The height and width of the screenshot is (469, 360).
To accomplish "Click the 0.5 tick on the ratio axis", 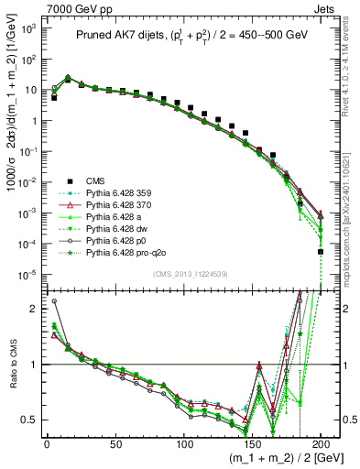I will coord(28,420).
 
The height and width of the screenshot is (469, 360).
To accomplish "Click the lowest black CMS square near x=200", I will coord(321,252).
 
